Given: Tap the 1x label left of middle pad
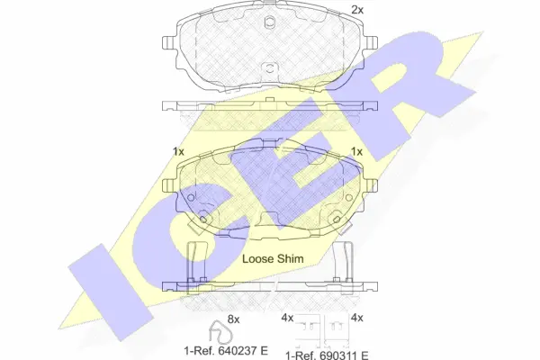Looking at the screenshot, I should pos(177,151).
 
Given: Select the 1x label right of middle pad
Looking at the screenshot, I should pos(356,151).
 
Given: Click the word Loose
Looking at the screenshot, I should pos(258,258).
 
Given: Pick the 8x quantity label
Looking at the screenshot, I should pos(234,318).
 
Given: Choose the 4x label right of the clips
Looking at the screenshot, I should pos(355,318).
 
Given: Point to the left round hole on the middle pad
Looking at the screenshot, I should pos(206,217).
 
